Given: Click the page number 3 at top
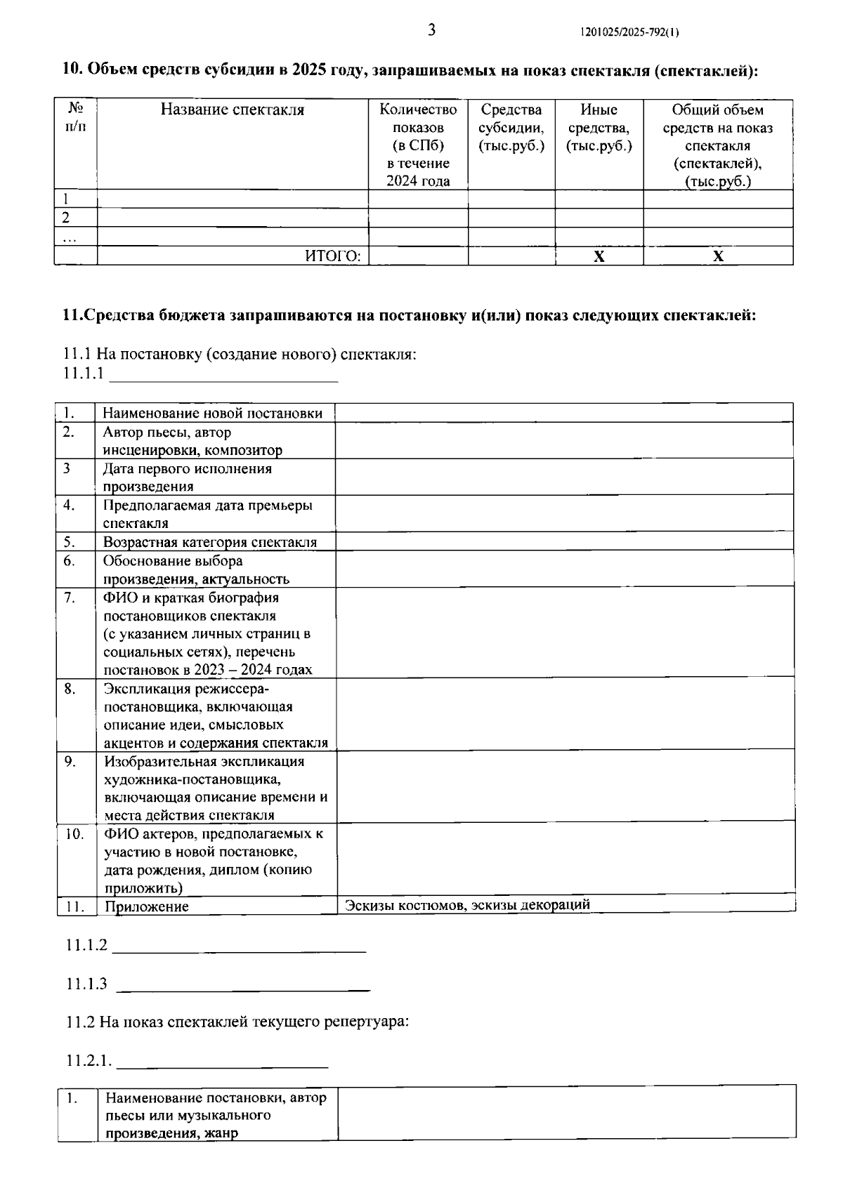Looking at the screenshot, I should click(431, 30).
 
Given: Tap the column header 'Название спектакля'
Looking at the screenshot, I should click(233, 110).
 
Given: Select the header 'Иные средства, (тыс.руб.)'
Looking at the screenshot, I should click(599, 128).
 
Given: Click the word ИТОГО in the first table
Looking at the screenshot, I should click(332, 256).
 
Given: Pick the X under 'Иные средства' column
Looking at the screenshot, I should click(599, 256).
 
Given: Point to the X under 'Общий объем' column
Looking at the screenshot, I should click(718, 256).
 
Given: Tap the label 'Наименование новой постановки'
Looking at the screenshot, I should click(213, 414).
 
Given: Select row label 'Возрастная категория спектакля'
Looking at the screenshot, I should click(209, 542).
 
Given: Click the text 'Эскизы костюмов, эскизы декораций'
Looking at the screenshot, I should click(466, 904).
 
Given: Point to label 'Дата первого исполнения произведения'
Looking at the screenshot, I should click(187, 477).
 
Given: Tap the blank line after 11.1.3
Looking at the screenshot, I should click(242, 984).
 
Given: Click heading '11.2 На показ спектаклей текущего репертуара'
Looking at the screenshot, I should click(237, 1022).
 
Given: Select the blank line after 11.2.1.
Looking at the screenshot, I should click(222, 1062).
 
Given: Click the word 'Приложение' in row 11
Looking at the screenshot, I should click(147, 906).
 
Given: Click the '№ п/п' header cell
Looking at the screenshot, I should click(75, 119).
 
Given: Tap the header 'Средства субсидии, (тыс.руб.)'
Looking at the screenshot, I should click(511, 128).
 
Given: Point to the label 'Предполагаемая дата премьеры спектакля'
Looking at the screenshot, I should click(207, 514).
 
